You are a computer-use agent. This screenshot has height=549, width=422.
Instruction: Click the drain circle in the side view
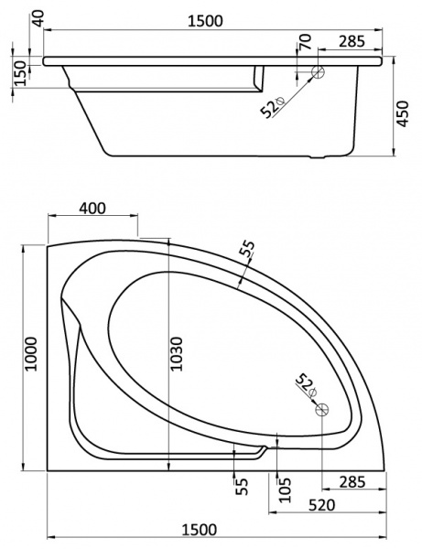click(x=318, y=73)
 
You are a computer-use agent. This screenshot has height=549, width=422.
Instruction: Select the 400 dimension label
click(x=92, y=208)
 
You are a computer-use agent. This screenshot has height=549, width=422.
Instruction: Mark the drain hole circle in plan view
click(x=321, y=411)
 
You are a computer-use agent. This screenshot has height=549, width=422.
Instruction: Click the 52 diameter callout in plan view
click(x=305, y=384)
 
